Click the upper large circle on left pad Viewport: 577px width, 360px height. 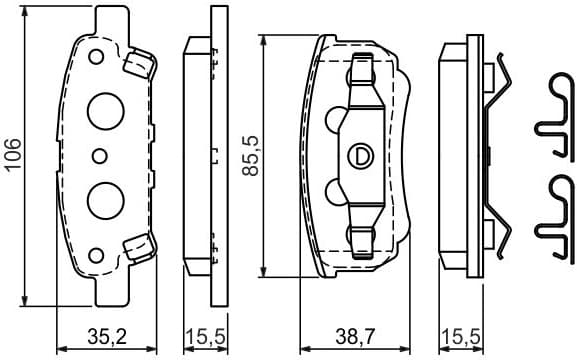point(103,109)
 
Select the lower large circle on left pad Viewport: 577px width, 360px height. point(103,199)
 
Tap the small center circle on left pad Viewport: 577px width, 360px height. point(98,155)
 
